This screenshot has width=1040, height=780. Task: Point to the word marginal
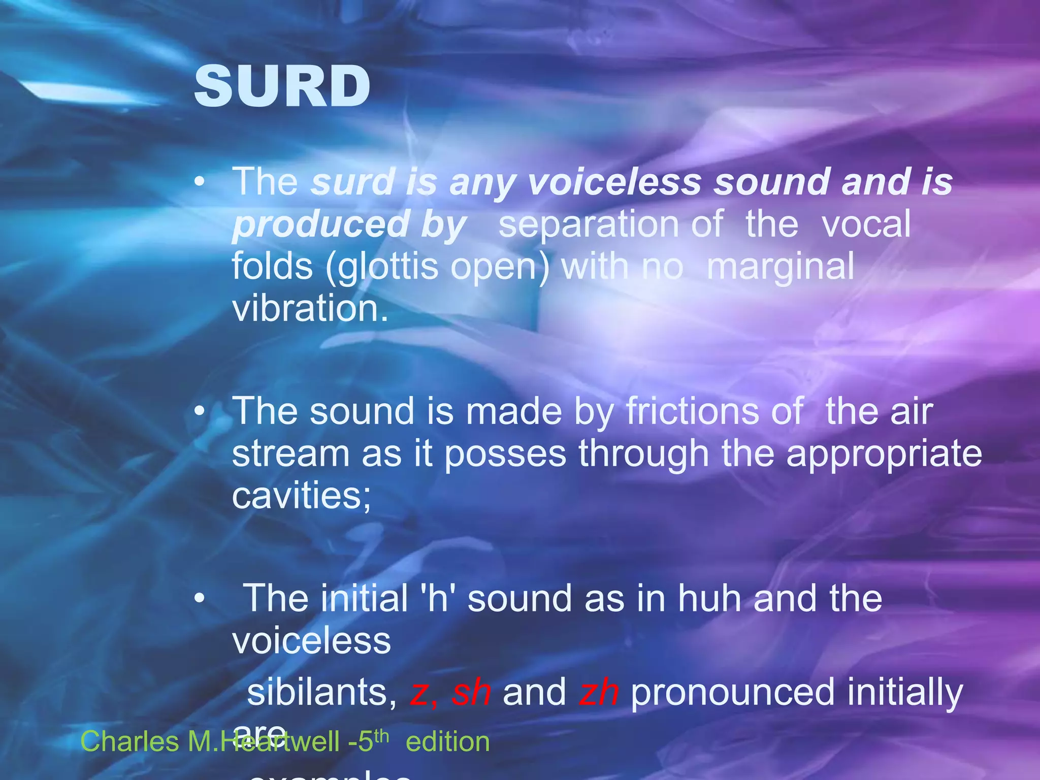click(x=781, y=267)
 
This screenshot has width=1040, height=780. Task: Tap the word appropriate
click(x=884, y=453)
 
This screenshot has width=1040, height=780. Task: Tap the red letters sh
click(x=471, y=692)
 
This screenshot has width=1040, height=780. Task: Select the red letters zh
click(x=599, y=692)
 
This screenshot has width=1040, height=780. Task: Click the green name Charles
click(x=130, y=741)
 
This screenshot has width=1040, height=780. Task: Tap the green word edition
click(x=447, y=741)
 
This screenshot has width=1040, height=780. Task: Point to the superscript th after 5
click(x=381, y=736)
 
